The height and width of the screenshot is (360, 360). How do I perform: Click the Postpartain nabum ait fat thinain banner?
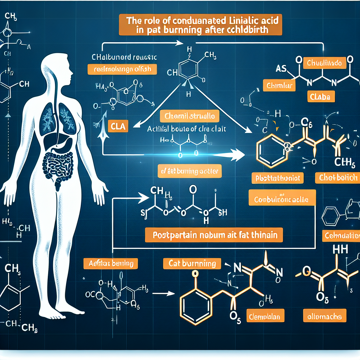coord(214,235)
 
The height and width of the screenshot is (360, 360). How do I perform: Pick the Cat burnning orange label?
coord(192,263)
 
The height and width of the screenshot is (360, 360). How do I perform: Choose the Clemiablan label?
coord(264,316)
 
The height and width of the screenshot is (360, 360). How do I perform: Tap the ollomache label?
coord(324,316)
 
